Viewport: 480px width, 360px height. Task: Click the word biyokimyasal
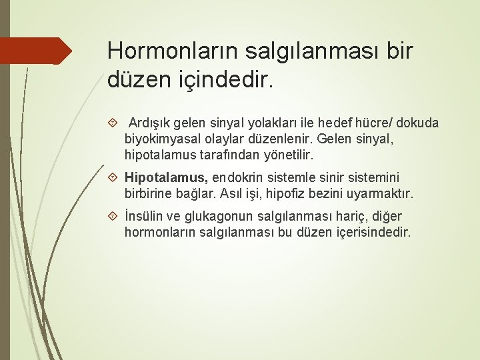pos(159,139)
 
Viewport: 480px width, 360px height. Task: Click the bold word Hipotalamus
pos(166,178)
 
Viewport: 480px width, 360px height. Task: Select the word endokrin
pos(237,178)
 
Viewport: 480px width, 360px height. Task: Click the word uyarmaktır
pos(383,194)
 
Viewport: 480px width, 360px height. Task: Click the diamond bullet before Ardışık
pos(113,123)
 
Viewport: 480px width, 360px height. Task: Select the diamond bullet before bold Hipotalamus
pos(113,178)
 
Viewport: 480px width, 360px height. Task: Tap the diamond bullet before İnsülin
pos(113,217)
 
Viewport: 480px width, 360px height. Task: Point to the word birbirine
pos(149,194)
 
